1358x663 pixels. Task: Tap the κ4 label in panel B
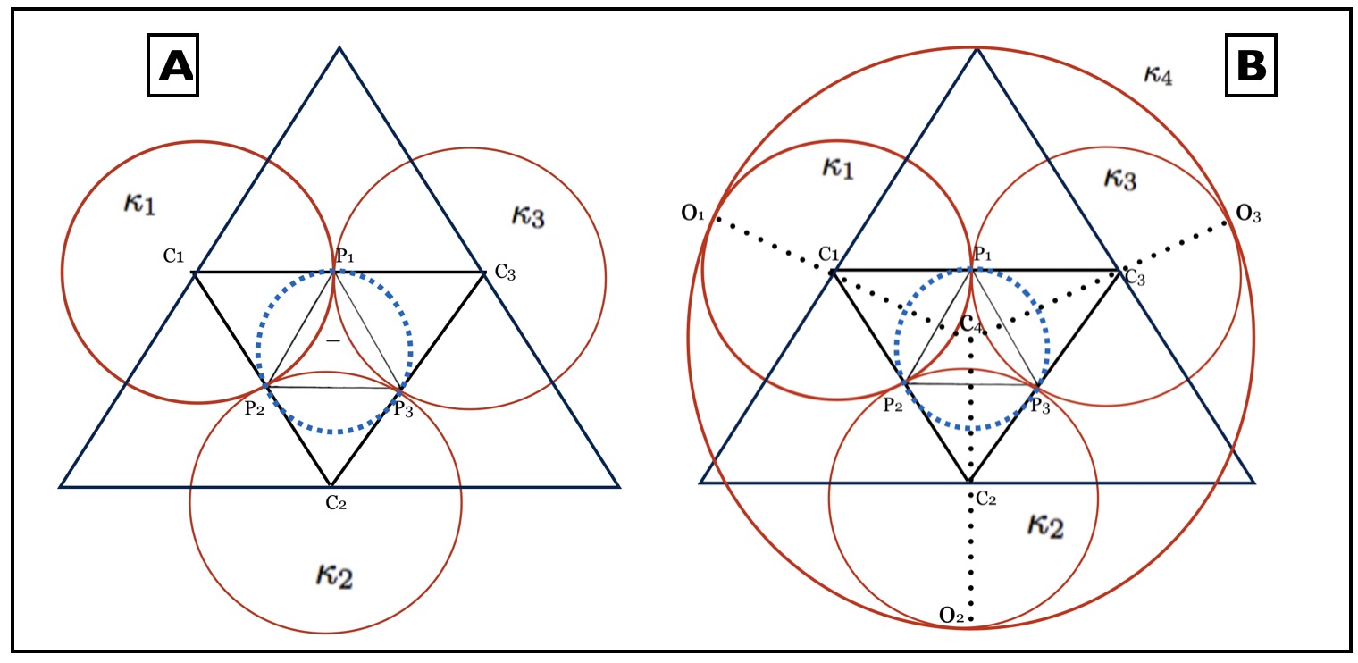point(1158,75)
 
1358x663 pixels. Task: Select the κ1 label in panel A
point(138,204)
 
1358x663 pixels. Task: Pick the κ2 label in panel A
point(334,575)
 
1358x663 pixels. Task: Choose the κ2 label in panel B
point(1044,525)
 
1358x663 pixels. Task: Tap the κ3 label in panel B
point(1119,178)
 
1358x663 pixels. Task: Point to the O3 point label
point(1248,214)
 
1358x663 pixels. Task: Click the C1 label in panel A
point(173,257)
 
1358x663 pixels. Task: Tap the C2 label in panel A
point(336,503)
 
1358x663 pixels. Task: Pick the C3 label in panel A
point(506,274)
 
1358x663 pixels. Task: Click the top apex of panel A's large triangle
point(339,47)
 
